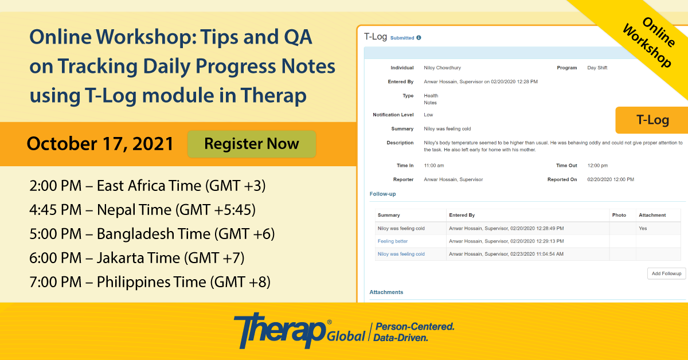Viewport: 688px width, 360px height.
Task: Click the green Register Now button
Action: pyautogui.click(x=252, y=144)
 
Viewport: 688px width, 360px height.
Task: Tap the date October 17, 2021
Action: pyautogui.click(x=100, y=144)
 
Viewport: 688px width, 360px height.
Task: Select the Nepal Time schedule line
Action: pyautogui.click(x=143, y=210)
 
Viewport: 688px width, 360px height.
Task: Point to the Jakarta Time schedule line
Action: pyautogui.click(x=137, y=258)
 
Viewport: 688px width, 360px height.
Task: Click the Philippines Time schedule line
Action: pyautogui.click(x=150, y=282)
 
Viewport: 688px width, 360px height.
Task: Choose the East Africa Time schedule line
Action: pyautogui.click(x=147, y=186)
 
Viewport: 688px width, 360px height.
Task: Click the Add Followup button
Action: pyautogui.click(x=666, y=273)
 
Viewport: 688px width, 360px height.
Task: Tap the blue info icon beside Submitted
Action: pyautogui.click(x=419, y=38)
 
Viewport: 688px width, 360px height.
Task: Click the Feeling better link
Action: pyautogui.click(x=393, y=241)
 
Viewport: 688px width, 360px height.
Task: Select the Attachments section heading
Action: pyautogui.click(x=386, y=292)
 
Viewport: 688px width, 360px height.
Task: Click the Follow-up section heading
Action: pyautogui.click(x=382, y=194)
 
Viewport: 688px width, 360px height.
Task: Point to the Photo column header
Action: pyautogui.click(x=619, y=215)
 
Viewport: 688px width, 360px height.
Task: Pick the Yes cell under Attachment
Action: pyautogui.click(x=643, y=228)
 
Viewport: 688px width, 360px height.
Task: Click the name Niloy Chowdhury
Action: pyautogui.click(x=442, y=68)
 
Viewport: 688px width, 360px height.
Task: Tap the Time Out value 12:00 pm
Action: pyautogui.click(x=597, y=165)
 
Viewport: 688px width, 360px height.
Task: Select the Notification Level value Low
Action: pyautogui.click(x=428, y=115)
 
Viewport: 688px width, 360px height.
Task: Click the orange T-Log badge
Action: pyautogui.click(x=652, y=120)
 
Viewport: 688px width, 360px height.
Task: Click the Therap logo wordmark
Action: pyautogui.click(x=280, y=331)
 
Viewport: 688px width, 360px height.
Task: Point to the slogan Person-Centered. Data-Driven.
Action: pyautogui.click(x=414, y=332)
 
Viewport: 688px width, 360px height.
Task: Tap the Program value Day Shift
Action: pyautogui.click(x=597, y=68)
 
